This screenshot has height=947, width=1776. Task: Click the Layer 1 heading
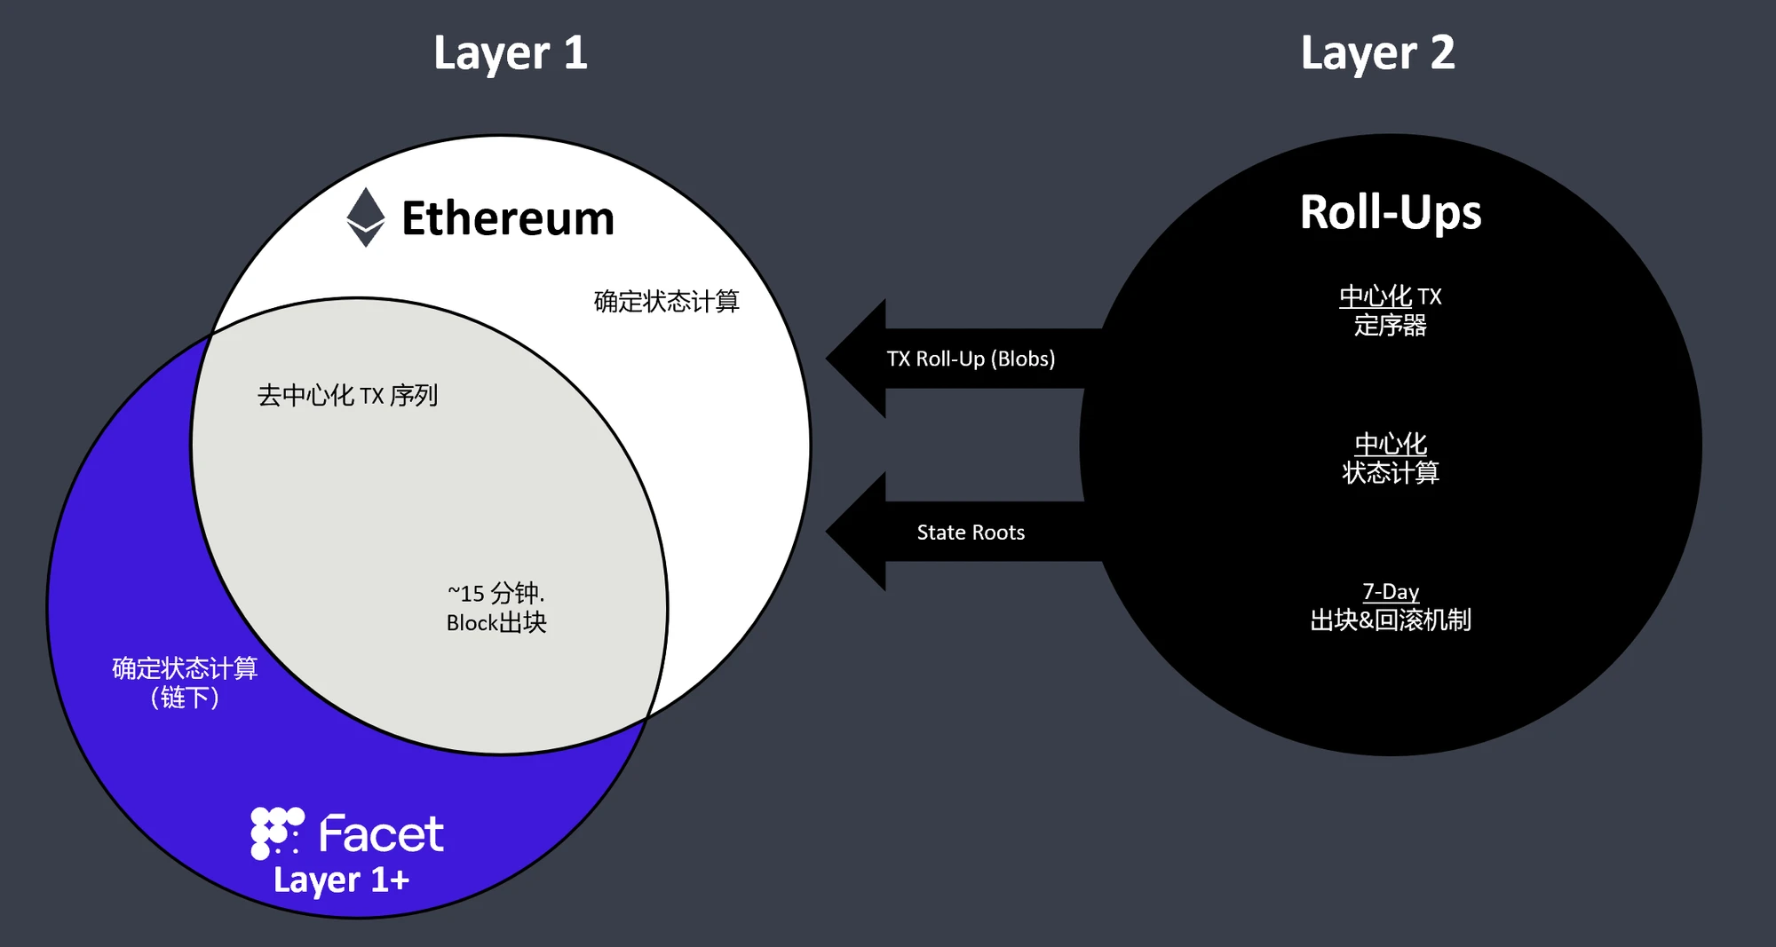pos(511,53)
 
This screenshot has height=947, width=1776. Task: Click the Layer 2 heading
pos(1377,53)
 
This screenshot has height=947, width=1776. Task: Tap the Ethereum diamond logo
pos(365,217)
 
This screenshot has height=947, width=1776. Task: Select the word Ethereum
pos(508,218)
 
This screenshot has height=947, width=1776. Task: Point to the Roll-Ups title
pos(1391,213)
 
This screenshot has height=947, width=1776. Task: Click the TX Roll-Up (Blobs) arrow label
pos(971,359)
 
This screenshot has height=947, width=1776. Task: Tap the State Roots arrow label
pos(971,533)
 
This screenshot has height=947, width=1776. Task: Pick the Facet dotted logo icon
pos(276,833)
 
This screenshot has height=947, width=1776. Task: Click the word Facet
pos(381,834)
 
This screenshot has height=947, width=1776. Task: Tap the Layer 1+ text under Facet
pos(341,880)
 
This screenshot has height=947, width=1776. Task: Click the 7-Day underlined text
pos(1391,592)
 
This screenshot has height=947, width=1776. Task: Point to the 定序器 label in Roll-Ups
pos(1391,326)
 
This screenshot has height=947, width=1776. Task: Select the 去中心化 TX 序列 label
pos(347,396)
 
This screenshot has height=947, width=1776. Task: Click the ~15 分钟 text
pos(496,593)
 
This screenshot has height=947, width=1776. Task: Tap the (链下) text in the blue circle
pos(185,698)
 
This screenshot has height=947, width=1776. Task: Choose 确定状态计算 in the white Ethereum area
pos(666,302)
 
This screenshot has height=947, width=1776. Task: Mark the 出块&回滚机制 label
pos(1391,620)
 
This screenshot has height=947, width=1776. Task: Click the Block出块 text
pos(496,623)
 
